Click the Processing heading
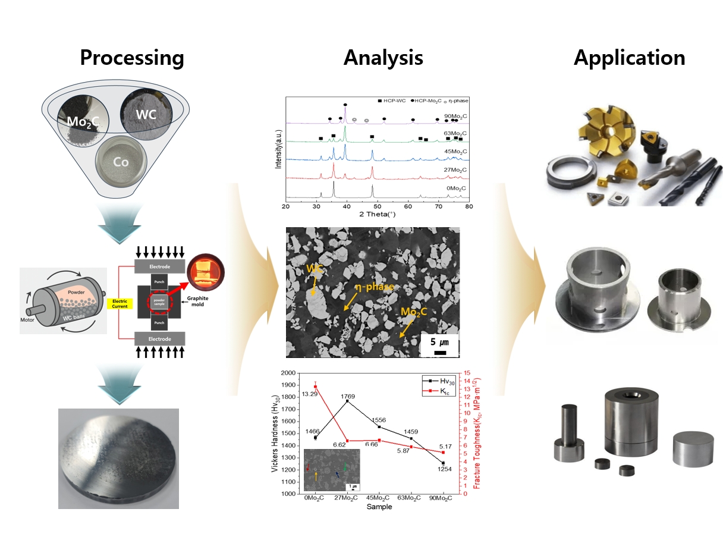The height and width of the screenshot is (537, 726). tap(131, 58)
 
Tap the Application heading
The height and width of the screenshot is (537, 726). tap(629, 58)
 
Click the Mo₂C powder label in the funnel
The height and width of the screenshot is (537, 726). tap(80, 123)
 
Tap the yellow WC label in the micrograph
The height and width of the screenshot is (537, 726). tap(315, 269)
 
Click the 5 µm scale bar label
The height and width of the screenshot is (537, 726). tap(440, 342)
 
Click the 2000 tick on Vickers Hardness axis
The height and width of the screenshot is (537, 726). tap(288, 373)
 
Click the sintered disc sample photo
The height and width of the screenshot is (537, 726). tap(118, 458)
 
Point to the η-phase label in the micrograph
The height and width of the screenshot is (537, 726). tap(375, 287)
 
